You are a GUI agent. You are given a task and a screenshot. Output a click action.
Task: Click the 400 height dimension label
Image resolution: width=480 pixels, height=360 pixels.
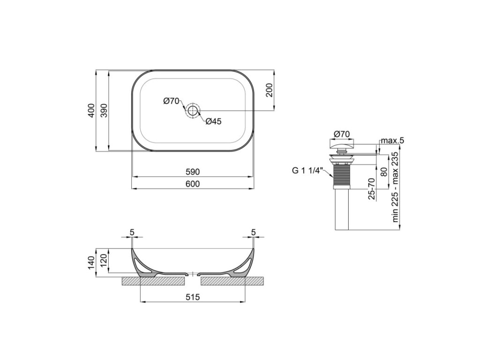coord(91,111)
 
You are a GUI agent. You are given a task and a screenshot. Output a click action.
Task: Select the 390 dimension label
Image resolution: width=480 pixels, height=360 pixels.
coord(105,111)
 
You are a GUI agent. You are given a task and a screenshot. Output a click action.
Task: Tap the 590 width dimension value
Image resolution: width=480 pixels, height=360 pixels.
coord(193,172)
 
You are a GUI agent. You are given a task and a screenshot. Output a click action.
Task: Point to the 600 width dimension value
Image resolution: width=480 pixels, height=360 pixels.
coord(193,184)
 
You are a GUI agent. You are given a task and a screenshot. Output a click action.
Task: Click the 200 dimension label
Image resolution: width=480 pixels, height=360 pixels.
coord(269,90)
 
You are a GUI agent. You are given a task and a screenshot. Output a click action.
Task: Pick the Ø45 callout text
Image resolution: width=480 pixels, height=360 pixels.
coord(213,121)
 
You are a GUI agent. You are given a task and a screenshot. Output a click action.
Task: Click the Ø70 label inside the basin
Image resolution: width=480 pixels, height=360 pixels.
coord(171,101)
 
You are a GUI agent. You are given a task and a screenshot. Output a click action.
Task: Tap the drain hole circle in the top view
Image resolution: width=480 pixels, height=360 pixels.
coord(193,111)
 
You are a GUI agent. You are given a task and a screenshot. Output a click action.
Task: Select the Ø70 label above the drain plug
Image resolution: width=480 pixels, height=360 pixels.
coord(342,134)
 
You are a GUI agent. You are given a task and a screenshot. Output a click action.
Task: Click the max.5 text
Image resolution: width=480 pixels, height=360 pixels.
coord(392,141)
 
